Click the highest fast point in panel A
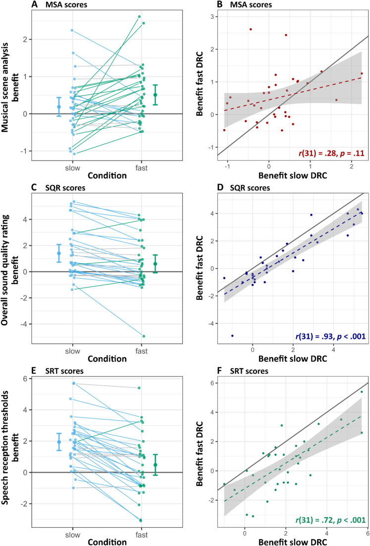(x=140, y=16)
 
